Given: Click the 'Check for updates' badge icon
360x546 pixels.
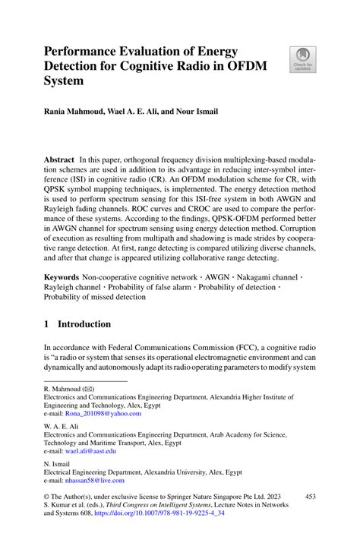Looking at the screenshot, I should point(301,59).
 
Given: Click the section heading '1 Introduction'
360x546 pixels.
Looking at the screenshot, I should point(77,323).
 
